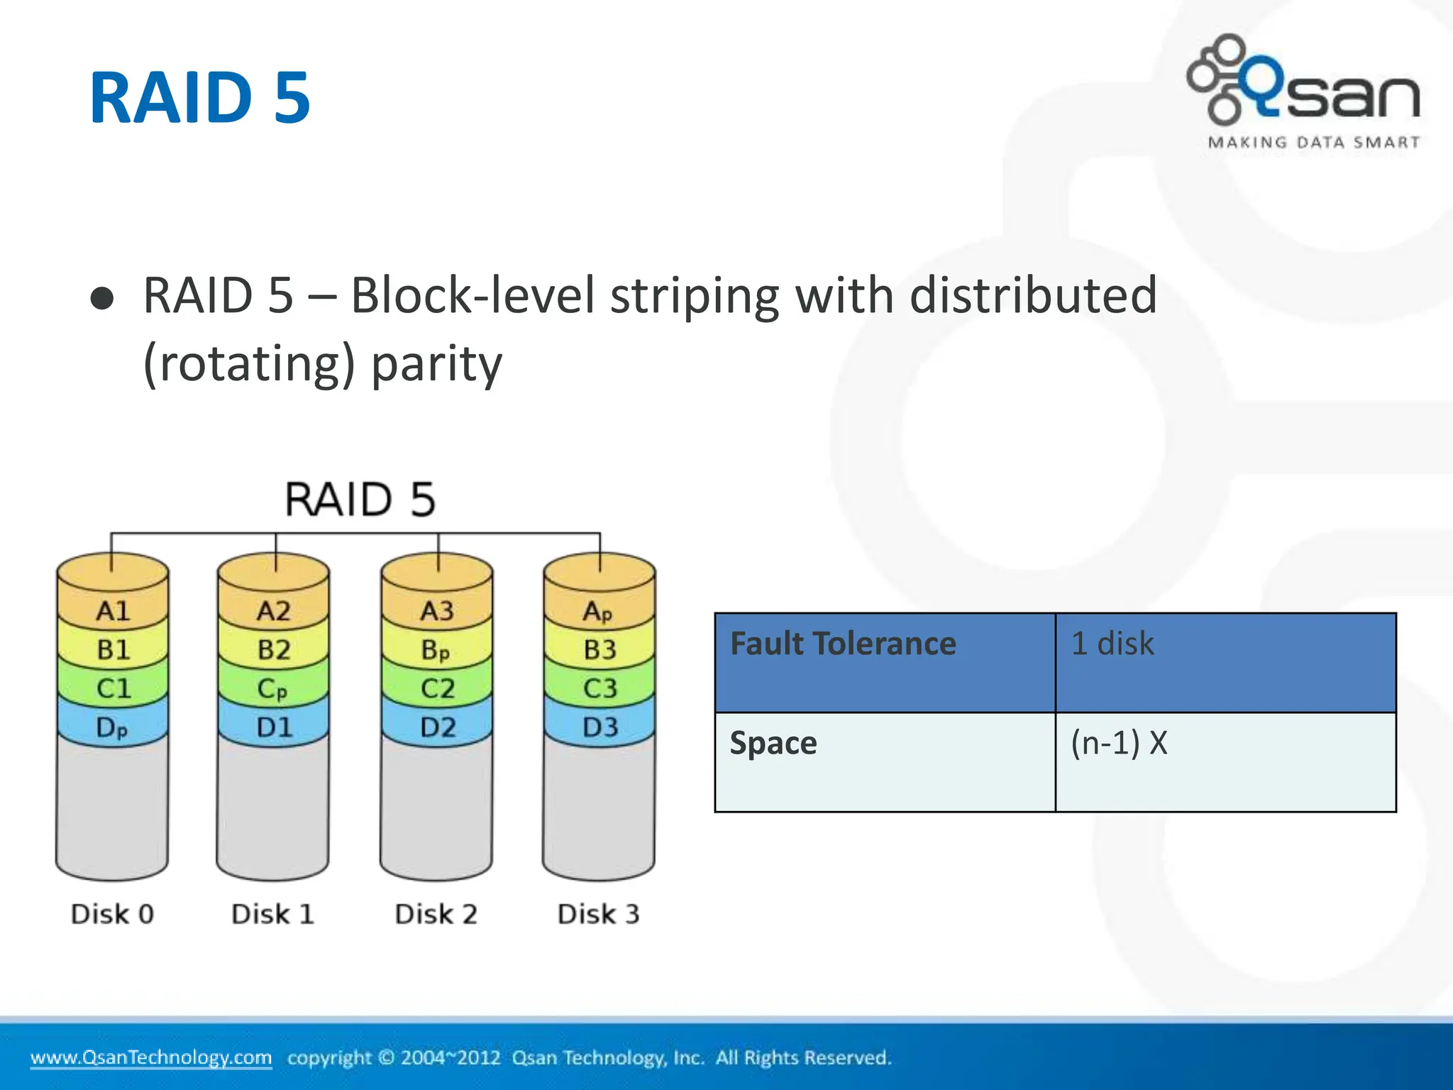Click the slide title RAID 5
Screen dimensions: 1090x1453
pos(199,98)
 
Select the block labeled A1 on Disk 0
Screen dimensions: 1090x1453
pos(113,610)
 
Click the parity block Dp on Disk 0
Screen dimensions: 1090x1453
pos(112,727)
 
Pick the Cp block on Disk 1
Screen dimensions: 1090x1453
pos(273,688)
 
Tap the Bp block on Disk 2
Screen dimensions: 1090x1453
pos(436,649)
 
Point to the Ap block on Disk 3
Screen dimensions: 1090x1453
pos(599,610)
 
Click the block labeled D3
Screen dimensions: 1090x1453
pos(600,727)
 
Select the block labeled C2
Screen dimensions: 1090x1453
pos(437,688)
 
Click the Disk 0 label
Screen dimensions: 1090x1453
pos(112,914)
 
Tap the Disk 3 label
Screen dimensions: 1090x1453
pos(598,914)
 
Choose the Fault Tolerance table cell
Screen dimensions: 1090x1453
pos(885,662)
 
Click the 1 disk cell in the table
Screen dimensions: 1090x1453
pos(1225,662)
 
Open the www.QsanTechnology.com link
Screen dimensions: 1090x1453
pos(150,1057)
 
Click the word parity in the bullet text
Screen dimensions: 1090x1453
pos(436,363)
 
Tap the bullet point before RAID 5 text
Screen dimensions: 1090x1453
pos(102,299)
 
